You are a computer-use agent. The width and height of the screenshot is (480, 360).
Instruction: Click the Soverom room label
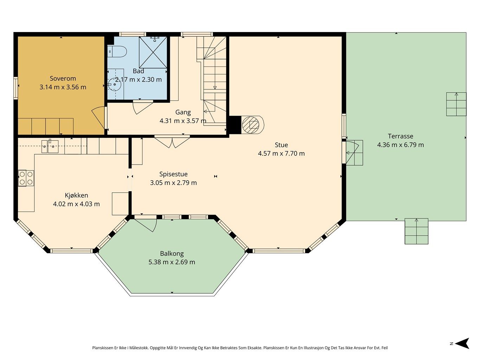(x=63, y=78)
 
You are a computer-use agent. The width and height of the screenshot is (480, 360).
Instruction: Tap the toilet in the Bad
(x=117, y=52)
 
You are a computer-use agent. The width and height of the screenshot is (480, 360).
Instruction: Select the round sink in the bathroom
(x=115, y=84)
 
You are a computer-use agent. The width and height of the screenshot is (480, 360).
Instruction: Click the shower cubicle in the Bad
(x=153, y=52)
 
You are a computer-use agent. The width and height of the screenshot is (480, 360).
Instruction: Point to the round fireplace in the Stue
(x=251, y=125)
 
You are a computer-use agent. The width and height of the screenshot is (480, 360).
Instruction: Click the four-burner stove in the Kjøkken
(x=26, y=178)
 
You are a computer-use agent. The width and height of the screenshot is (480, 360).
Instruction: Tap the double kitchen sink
(x=50, y=147)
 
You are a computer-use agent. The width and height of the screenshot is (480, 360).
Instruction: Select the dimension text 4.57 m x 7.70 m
(x=281, y=153)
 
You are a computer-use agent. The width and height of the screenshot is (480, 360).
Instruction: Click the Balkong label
(x=172, y=253)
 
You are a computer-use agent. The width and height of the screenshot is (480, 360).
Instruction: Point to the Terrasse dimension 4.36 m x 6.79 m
(x=401, y=145)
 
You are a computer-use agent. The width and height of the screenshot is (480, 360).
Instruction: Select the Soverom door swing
(x=100, y=117)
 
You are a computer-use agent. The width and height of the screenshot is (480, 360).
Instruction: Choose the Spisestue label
(x=173, y=174)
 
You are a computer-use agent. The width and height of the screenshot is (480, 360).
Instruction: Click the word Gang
(x=183, y=112)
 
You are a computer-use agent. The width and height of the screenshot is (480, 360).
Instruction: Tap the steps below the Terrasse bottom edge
(x=416, y=231)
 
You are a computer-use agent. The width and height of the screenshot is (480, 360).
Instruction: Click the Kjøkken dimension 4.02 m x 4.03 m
(x=76, y=204)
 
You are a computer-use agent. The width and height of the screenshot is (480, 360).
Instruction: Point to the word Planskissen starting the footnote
(x=103, y=348)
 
